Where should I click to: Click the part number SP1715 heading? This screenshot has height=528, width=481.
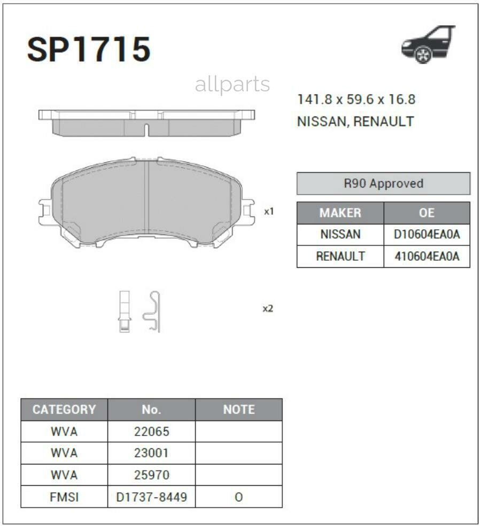pyautogui.click(x=89, y=50)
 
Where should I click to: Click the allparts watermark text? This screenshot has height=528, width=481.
pyautogui.click(x=232, y=84)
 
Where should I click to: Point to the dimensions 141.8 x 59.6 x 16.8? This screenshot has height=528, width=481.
pyautogui.click(x=356, y=99)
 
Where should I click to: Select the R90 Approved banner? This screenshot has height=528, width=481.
pyautogui.click(x=383, y=183)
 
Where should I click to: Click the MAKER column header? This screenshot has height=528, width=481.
pyautogui.click(x=340, y=213)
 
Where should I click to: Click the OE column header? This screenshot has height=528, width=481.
pyautogui.click(x=426, y=213)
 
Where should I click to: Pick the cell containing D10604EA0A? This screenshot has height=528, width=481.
pyautogui.click(x=426, y=235)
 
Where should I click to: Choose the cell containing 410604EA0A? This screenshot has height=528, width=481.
pyautogui.click(x=426, y=257)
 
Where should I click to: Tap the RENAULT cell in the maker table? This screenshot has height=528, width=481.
pyautogui.click(x=340, y=257)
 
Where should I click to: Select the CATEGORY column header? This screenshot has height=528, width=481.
pyautogui.click(x=64, y=410)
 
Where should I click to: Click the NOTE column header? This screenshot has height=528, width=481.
pyautogui.click(x=238, y=410)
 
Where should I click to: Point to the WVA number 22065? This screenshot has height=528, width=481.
pyautogui.click(x=151, y=432)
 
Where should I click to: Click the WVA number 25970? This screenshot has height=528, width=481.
pyautogui.click(x=151, y=475)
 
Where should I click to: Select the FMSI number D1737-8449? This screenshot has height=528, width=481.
pyautogui.click(x=151, y=497)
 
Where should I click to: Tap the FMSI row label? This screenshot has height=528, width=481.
pyautogui.click(x=64, y=497)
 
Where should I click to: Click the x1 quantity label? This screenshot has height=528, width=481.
pyautogui.click(x=269, y=212)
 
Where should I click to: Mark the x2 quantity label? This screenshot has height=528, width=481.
pyautogui.click(x=268, y=309)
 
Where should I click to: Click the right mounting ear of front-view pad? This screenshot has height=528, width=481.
pyautogui.click(x=247, y=212)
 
